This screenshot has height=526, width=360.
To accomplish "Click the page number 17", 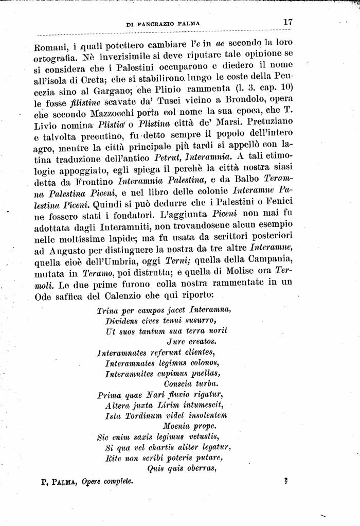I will (x=287, y=22).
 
